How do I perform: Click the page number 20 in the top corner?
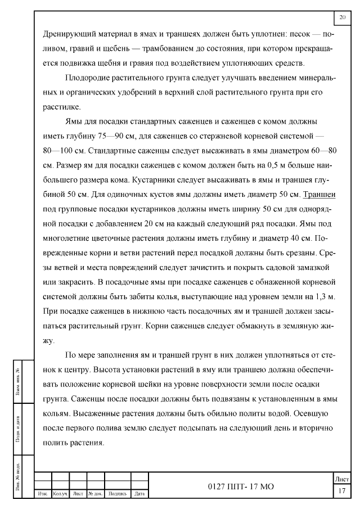[x=343, y=18]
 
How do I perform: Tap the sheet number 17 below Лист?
[x=342, y=491]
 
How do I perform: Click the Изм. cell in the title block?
[x=42, y=494]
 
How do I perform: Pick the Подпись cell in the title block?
[x=117, y=494]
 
